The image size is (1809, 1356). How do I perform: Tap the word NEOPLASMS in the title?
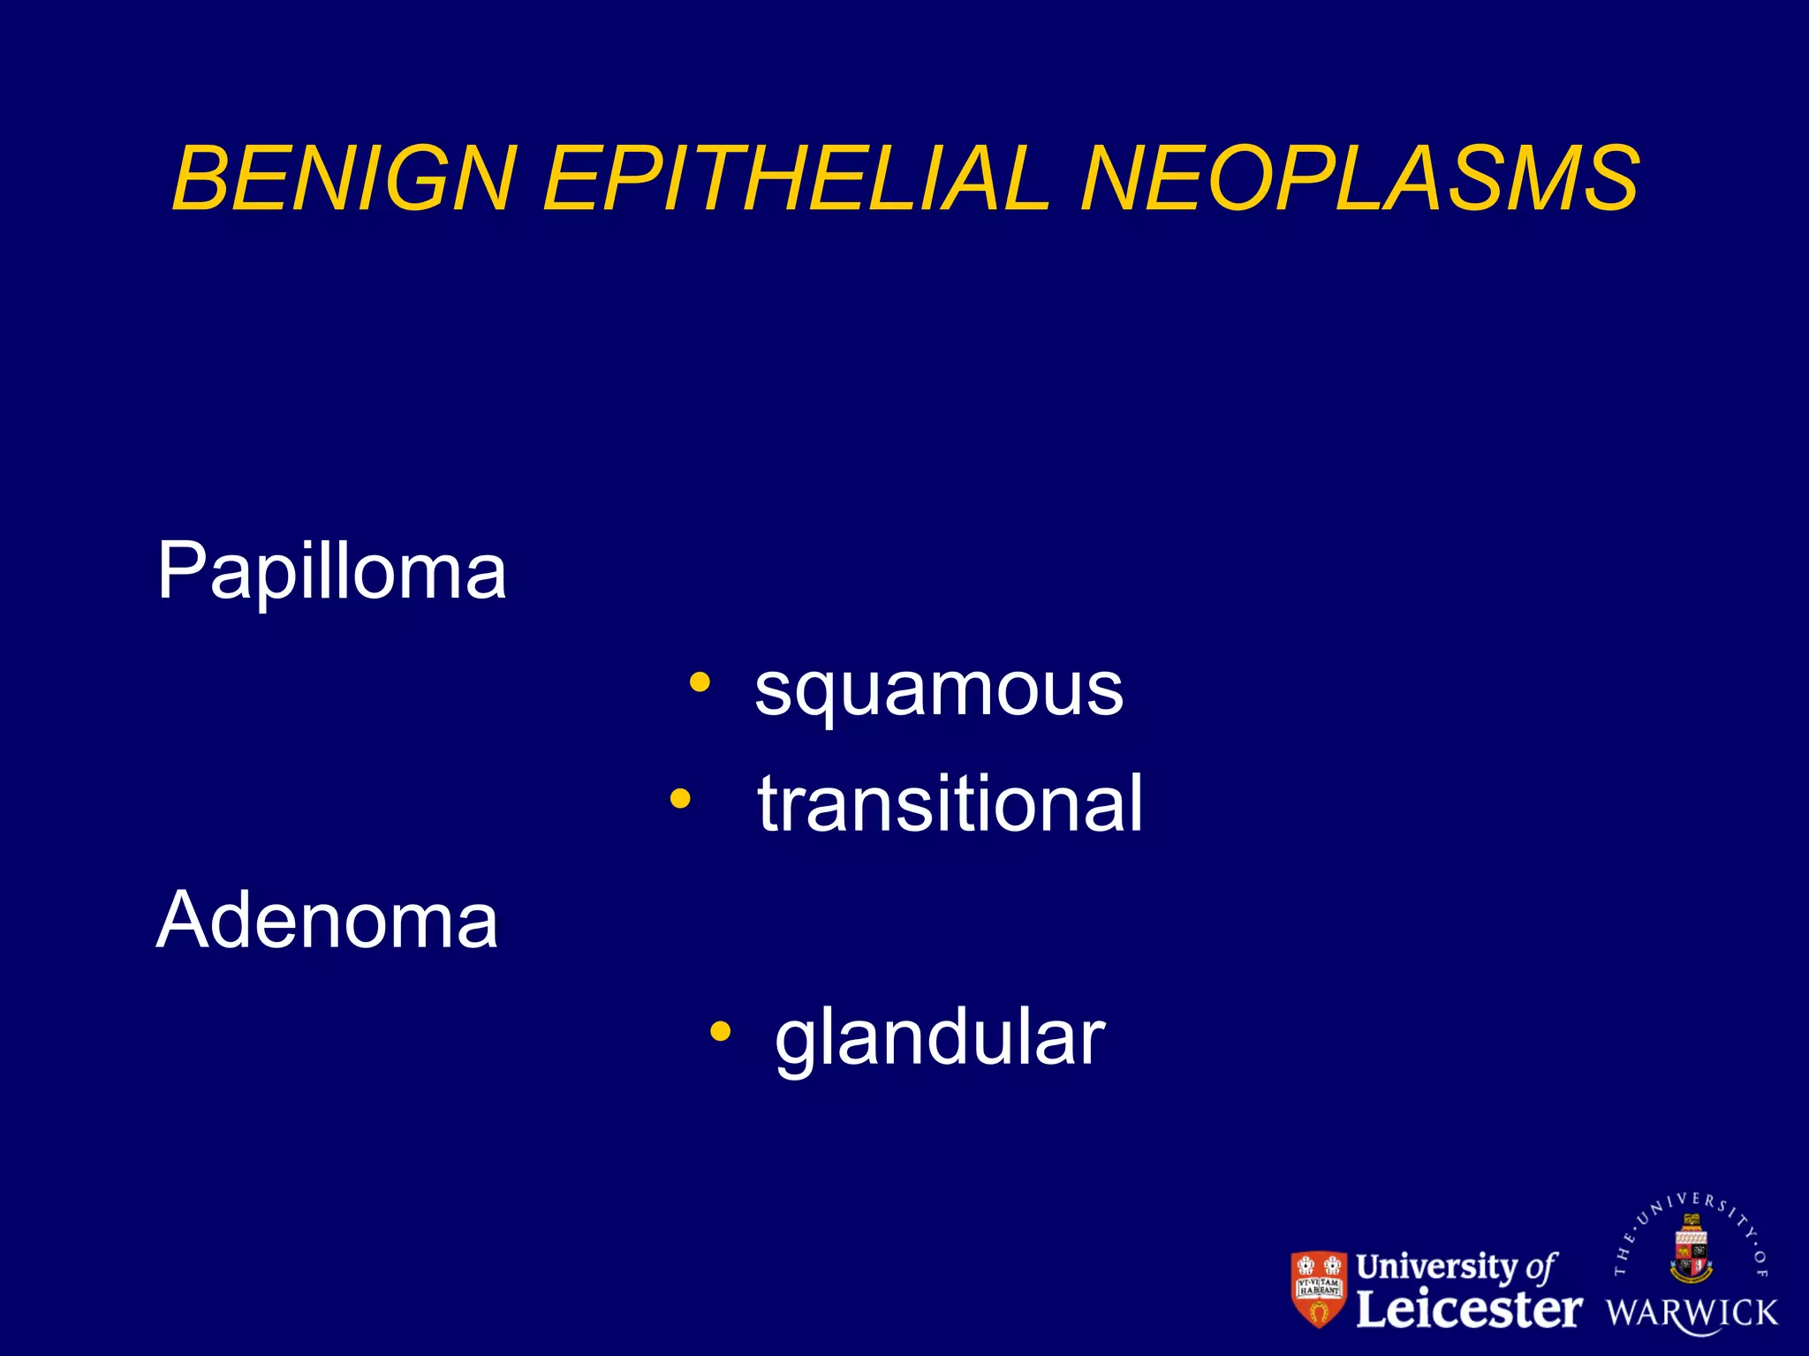tap(1360, 180)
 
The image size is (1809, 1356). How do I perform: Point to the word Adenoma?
tap(327, 921)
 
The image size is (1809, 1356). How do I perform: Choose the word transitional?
tap(950, 804)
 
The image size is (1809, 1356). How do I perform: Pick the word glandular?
tap(940, 1038)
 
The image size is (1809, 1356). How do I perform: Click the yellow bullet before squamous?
tap(700, 682)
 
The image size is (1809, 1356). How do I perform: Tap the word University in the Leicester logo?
tap(1437, 1267)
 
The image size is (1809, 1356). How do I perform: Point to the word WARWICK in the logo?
tap(1692, 1313)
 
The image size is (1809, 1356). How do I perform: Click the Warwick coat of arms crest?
tap(1691, 1249)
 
